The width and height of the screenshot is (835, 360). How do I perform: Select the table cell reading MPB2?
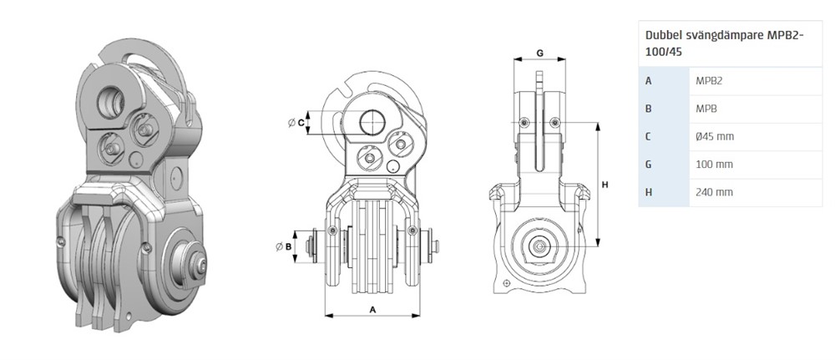709,81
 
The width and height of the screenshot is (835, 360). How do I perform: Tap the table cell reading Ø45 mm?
715,136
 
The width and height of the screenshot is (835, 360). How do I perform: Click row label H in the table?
648,192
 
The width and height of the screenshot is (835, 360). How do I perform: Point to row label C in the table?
648,136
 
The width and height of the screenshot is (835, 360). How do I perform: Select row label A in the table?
648,81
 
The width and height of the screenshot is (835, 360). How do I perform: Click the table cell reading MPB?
706,109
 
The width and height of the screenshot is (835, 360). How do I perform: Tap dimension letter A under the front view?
372,309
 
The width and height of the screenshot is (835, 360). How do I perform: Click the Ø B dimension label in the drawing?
285,246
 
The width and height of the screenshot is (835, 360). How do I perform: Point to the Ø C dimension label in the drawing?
296,123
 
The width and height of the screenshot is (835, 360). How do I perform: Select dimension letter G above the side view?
539,53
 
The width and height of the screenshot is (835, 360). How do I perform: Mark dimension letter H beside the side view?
605,185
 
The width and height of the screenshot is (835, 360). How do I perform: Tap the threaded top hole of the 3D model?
111,101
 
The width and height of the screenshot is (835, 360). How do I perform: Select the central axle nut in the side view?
539,246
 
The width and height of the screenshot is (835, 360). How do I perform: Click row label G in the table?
648,164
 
